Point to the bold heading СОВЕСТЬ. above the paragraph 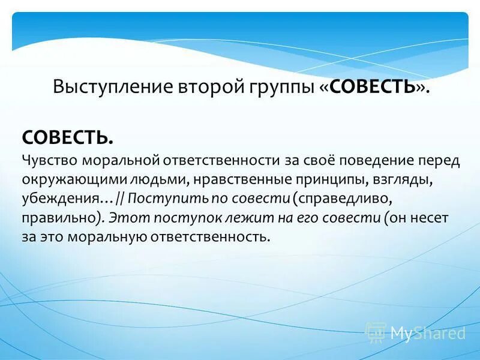(68, 137)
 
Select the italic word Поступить (158, 199)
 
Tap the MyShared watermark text (427, 332)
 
